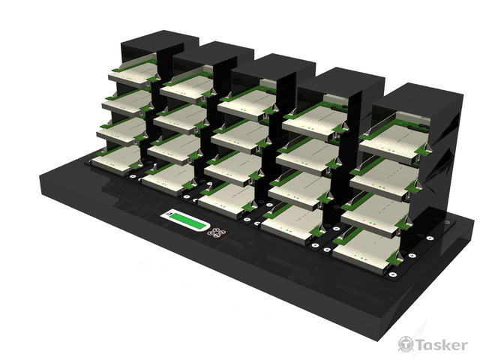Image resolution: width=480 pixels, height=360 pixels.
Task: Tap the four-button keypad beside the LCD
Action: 216,232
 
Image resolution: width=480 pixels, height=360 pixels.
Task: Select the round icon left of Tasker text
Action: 406,344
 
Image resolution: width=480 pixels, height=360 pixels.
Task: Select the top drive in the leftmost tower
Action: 132,73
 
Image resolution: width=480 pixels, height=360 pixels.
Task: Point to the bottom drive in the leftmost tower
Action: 115,160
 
